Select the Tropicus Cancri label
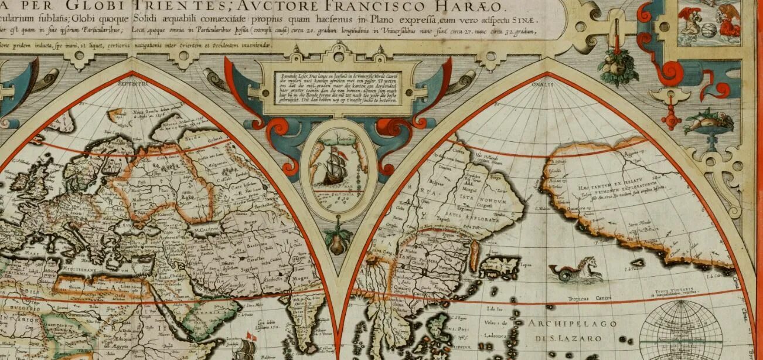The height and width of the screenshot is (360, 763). click(587, 298)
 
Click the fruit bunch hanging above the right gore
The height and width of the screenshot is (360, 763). click(618, 66)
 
